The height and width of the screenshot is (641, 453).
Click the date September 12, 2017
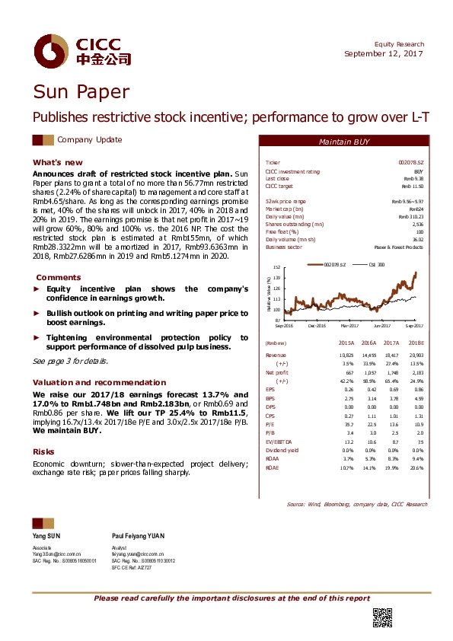click(384, 53)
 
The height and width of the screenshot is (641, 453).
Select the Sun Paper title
click(81, 93)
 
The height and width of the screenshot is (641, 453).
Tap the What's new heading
click(57, 163)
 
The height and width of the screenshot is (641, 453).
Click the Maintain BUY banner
click(344, 142)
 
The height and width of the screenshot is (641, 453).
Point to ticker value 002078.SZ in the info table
click(411, 163)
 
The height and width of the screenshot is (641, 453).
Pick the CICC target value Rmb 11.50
click(412, 186)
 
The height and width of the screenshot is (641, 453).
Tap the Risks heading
click(43, 451)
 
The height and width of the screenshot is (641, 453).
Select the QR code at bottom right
click(381, 617)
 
